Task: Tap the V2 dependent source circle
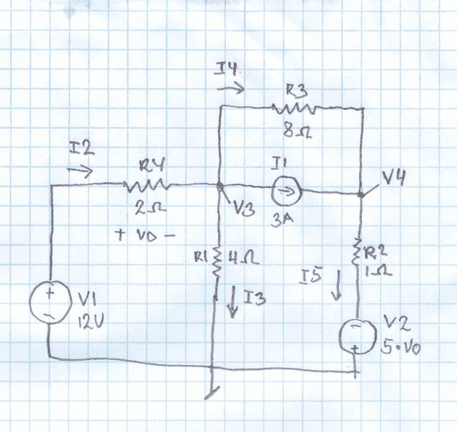[358, 334]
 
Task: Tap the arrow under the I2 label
[79, 173]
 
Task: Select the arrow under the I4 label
[230, 89]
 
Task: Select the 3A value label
[281, 221]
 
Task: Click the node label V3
[243, 210]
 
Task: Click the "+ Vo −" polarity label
[145, 235]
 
